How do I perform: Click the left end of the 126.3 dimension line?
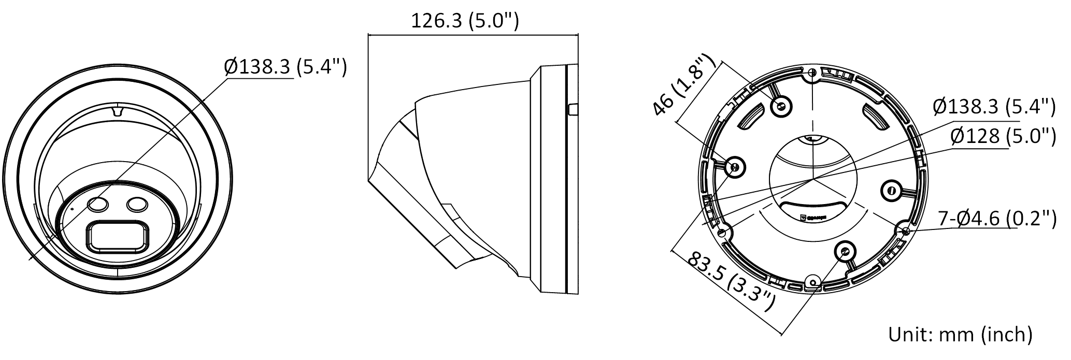368,35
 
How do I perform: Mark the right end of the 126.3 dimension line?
578,35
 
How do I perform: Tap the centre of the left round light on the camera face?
98,205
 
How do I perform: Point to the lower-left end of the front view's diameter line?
29,258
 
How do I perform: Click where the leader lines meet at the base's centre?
812,180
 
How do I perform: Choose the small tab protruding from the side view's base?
573,110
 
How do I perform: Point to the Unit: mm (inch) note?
960,334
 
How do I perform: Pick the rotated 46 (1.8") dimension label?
683,84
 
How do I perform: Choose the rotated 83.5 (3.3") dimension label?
731,282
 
